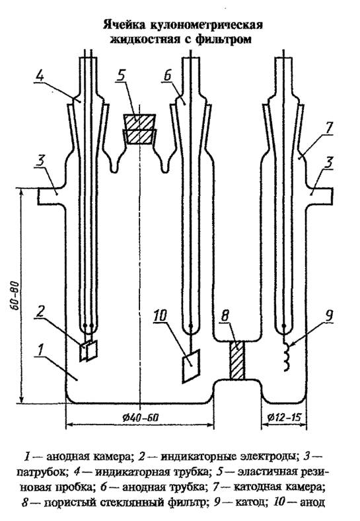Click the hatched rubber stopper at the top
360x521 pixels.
(x=139, y=129)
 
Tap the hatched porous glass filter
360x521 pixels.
(x=237, y=360)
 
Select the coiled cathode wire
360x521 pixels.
(x=286, y=356)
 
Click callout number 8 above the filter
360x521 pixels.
(x=225, y=315)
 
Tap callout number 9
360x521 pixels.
(x=328, y=315)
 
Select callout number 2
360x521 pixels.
(x=40, y=311)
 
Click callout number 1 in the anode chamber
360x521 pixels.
(x=40, y=350)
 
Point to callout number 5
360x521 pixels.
(x=122, y=75)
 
